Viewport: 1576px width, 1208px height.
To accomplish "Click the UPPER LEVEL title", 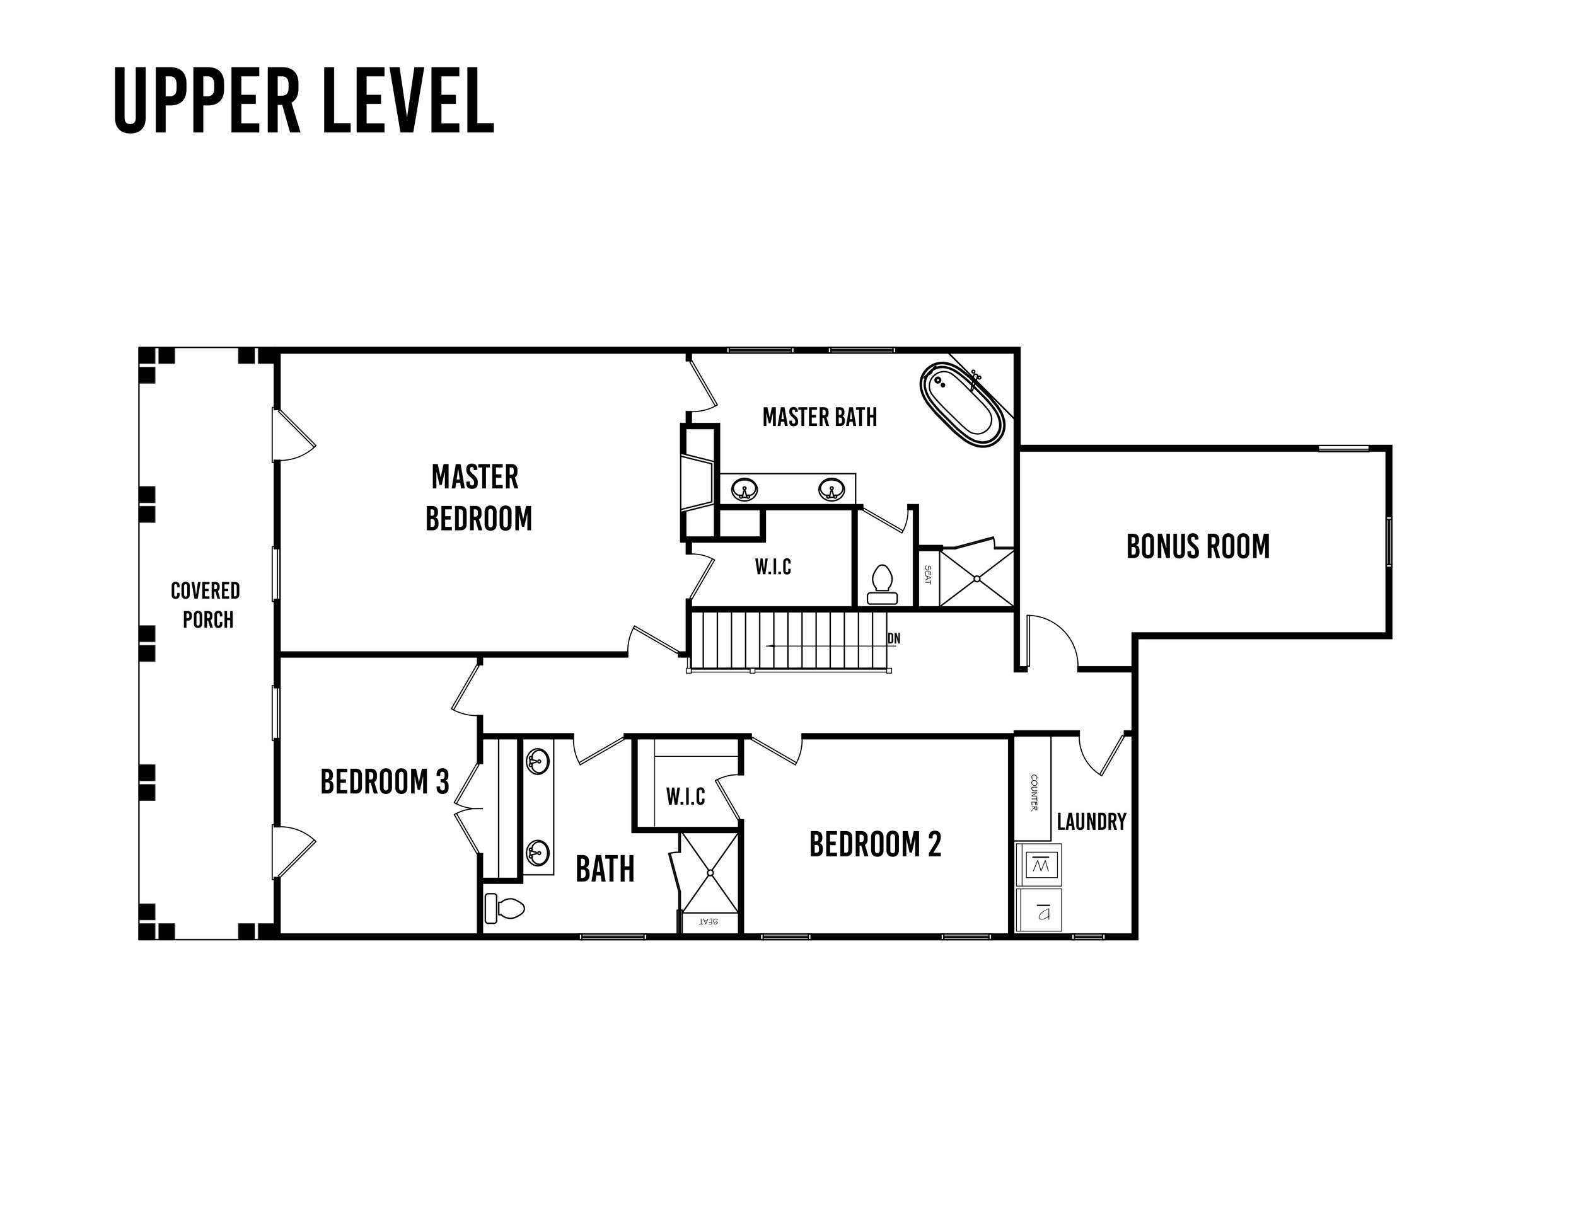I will (x=304, y=101).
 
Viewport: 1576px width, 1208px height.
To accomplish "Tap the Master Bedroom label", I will (x=478, y=498).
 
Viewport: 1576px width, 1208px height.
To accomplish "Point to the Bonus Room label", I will (x=1198, y=546).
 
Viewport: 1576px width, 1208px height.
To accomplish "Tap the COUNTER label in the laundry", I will (x=1034, y=792).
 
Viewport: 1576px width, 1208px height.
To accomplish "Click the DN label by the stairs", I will (x=894, y=638).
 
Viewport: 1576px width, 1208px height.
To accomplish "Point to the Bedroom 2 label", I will (x=874, y=844).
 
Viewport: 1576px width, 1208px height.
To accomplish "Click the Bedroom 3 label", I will (x=385, y=781).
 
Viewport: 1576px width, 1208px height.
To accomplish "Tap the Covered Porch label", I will (x=206, y=605).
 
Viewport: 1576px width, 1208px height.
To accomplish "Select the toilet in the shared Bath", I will (x=505, y=908).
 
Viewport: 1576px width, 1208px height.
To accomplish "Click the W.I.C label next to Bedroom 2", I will (x=685, y=797).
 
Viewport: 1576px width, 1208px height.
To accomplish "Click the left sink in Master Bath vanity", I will (x=745, y=490).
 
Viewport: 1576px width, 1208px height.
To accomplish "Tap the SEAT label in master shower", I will (x=927, y=575).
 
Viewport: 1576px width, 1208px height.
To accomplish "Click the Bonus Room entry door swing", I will (x=1052, y=642).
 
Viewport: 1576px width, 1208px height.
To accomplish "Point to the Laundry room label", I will (x=1091, y=821).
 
